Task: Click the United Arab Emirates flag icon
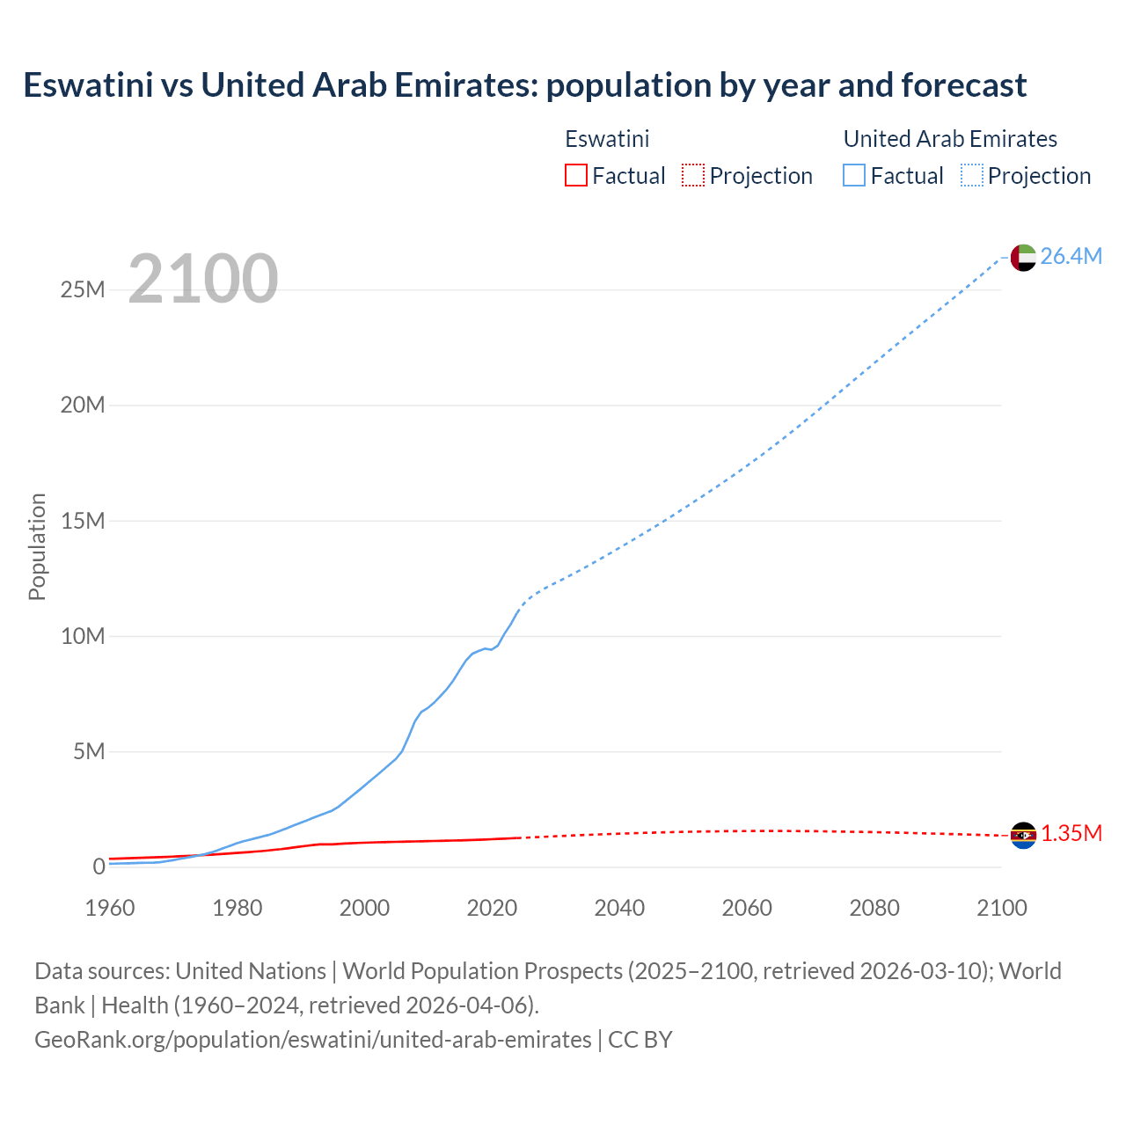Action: [1023, 257]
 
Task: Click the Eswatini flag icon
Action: [1023, 835]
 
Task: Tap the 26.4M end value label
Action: [1071, 256]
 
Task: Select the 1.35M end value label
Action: [1071, 834]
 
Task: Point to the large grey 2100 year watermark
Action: [203, 279]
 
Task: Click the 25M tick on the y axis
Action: [83, 290]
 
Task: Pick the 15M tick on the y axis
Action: [83, 521]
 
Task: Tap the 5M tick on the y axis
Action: [89, 751]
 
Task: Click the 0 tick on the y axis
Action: [99, 866]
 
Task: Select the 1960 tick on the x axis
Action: [110, 908]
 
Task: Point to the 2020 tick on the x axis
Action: [492, 908]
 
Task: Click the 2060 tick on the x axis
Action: [747, 908]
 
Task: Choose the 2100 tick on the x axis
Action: [1001, 908]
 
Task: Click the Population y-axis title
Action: [37, 546]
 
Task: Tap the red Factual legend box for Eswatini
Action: [576, 176]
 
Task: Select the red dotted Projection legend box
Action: [693, 176]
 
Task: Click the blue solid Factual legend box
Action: [854, 176]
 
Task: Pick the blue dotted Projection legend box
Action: [972, 176]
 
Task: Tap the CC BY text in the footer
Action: [640, 1040]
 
